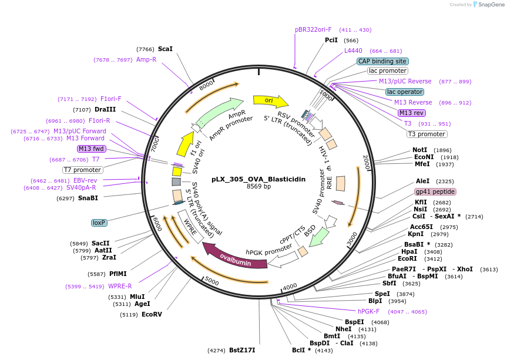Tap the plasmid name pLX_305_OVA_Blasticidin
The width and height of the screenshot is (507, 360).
258,179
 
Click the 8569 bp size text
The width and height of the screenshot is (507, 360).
258,187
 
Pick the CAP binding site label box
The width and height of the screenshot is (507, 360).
382,61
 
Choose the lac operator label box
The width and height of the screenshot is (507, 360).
404,92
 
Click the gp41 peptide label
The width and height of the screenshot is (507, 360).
435,192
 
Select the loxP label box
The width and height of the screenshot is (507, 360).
98,223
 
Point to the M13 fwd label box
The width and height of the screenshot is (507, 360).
90,149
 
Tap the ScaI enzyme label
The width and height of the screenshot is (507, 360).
165,49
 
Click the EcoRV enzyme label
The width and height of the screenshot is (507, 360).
152,314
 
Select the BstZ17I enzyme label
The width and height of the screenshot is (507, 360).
242,350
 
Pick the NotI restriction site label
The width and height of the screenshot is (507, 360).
420,150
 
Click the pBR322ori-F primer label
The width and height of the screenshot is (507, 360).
313,29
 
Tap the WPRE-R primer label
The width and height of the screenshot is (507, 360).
120,286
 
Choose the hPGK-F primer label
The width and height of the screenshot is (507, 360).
369,311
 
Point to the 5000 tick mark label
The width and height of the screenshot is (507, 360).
212,282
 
